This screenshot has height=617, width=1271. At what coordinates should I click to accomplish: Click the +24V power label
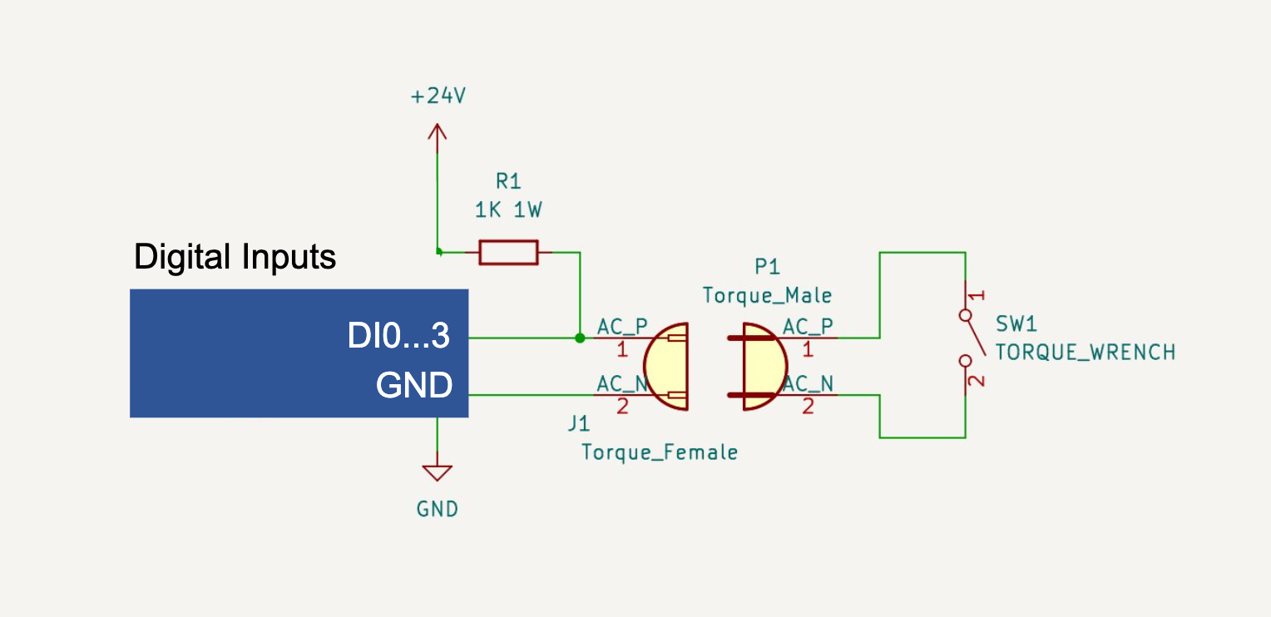[x=438, y=96]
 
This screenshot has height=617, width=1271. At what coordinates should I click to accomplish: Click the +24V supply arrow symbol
[x=437, y=133]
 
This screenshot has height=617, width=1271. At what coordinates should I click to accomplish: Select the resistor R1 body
[x=508, y=252]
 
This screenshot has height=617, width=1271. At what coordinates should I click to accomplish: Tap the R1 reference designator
[x=507, y=180]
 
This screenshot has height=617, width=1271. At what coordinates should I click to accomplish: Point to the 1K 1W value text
[x=508, y=210]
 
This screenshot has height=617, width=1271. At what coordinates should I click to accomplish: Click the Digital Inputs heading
[x=235, y=257]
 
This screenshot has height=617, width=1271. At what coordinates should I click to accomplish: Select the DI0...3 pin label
[x=398, y=337]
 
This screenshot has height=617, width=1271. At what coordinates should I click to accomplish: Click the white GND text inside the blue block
[x=414, y=385]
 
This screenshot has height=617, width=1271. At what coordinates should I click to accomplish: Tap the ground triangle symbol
[x=437, y=473]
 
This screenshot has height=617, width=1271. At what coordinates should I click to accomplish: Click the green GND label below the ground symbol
[x=438, y=509]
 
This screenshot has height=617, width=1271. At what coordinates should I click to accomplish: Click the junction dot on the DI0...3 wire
[x=580, y=338]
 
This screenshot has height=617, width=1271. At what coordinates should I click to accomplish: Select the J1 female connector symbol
[x=667, y=367]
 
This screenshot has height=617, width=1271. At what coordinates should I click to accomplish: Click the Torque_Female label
[x=659, y=452]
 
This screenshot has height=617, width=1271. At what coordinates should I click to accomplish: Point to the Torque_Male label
[x=767, y=295]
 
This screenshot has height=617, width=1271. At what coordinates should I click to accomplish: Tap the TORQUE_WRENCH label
[x=1085, y=352]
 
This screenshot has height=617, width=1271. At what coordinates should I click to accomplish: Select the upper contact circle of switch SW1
[x=965, y=315]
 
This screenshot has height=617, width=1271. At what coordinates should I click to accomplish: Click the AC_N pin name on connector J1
[x=621, y=383]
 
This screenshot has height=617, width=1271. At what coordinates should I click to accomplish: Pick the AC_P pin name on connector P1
[x=808, y=325]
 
